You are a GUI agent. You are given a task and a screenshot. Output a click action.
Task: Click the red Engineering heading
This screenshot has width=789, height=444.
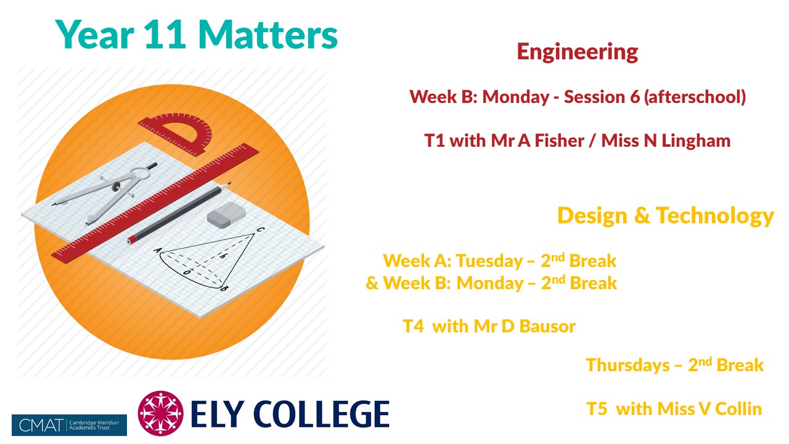pos(578,52)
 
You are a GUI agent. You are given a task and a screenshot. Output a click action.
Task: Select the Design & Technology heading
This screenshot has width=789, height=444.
pos(665,216)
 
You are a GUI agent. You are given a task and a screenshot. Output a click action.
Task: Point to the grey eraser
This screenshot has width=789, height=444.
pos(226,215)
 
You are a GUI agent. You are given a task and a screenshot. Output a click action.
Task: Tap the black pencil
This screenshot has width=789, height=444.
pos(179,213)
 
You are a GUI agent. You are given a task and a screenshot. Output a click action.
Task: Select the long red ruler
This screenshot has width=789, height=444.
pos(155,202)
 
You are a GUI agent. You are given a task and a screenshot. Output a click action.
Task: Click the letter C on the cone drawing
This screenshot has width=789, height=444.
pos(260,230)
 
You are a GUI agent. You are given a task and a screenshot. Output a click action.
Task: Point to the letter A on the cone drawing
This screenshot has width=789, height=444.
pos(157,250)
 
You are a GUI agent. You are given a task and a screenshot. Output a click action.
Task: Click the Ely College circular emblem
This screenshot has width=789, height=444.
pos(161,413)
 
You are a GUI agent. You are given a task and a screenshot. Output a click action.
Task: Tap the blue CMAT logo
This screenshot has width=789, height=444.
pos(69,425)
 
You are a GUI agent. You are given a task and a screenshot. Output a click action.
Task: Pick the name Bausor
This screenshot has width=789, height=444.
pos(547,326)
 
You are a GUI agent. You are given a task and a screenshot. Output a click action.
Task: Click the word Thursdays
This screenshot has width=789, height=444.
pos(628,366)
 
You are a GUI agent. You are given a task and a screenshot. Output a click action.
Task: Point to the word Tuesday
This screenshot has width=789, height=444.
pos(489,261)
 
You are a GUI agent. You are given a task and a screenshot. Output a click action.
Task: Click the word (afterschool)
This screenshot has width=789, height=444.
pos(695,97)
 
